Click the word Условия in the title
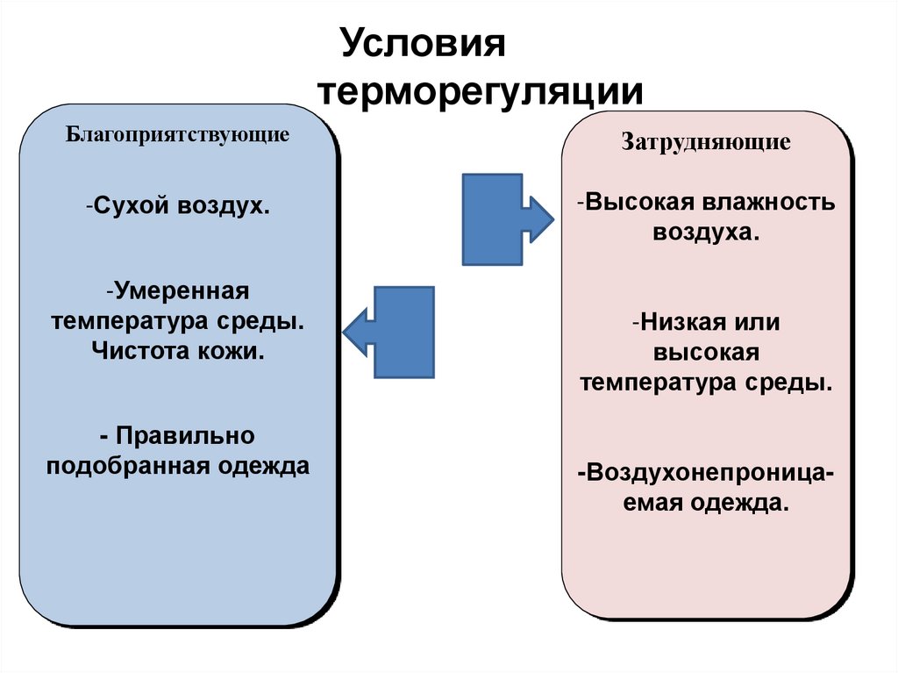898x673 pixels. (424, 44)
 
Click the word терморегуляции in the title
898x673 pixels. (481, 92)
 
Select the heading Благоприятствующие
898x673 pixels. (178, 136)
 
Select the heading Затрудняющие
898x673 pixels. (706, 141)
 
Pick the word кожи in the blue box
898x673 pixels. (234, 351)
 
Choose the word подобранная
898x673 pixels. (127, 465)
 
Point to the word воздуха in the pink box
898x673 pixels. (705, 233)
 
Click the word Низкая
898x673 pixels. (681, 322)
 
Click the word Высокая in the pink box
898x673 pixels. (641, 203)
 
